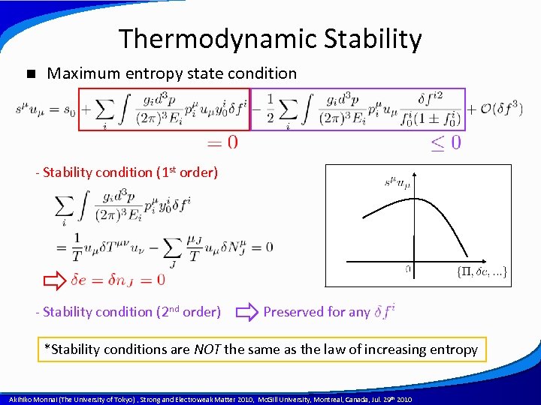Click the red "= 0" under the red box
222,142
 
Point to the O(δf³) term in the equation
495,109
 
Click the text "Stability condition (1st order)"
129,172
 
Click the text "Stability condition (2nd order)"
131,312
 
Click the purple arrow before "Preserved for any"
247,312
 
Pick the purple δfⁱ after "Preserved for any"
383,312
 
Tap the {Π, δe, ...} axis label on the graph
482,271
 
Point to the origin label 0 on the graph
408,268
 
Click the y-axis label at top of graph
398,181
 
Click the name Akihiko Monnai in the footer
34,400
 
